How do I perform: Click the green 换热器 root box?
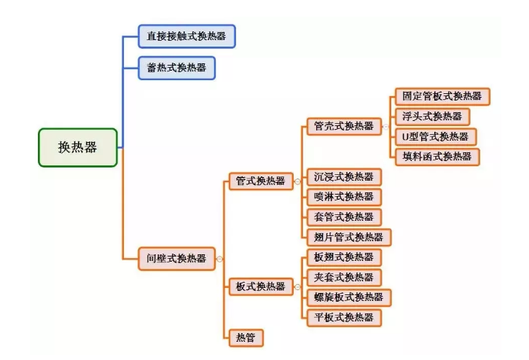point(77,147)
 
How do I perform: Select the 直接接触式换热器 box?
point(187,36)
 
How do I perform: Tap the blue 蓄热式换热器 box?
point(176,68)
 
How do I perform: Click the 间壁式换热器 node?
point(176,258)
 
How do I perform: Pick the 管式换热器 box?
point(260,181)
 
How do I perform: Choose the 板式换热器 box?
point(260,286)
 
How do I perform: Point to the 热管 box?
point(245,337)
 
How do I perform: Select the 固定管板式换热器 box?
point(442,96)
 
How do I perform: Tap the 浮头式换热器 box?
point(431,117)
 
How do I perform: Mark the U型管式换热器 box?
point(435,136)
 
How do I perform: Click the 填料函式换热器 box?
point(436,156)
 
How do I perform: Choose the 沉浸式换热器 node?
point(343,177)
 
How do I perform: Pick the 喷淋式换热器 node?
point(343,197)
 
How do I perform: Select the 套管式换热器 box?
point(343,216)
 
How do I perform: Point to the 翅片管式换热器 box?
point(348,237)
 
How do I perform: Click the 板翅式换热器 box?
point(343,257)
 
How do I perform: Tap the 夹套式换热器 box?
point(343,277)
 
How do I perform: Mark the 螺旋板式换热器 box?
point(348,297)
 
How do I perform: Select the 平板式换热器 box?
point(343,317)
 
